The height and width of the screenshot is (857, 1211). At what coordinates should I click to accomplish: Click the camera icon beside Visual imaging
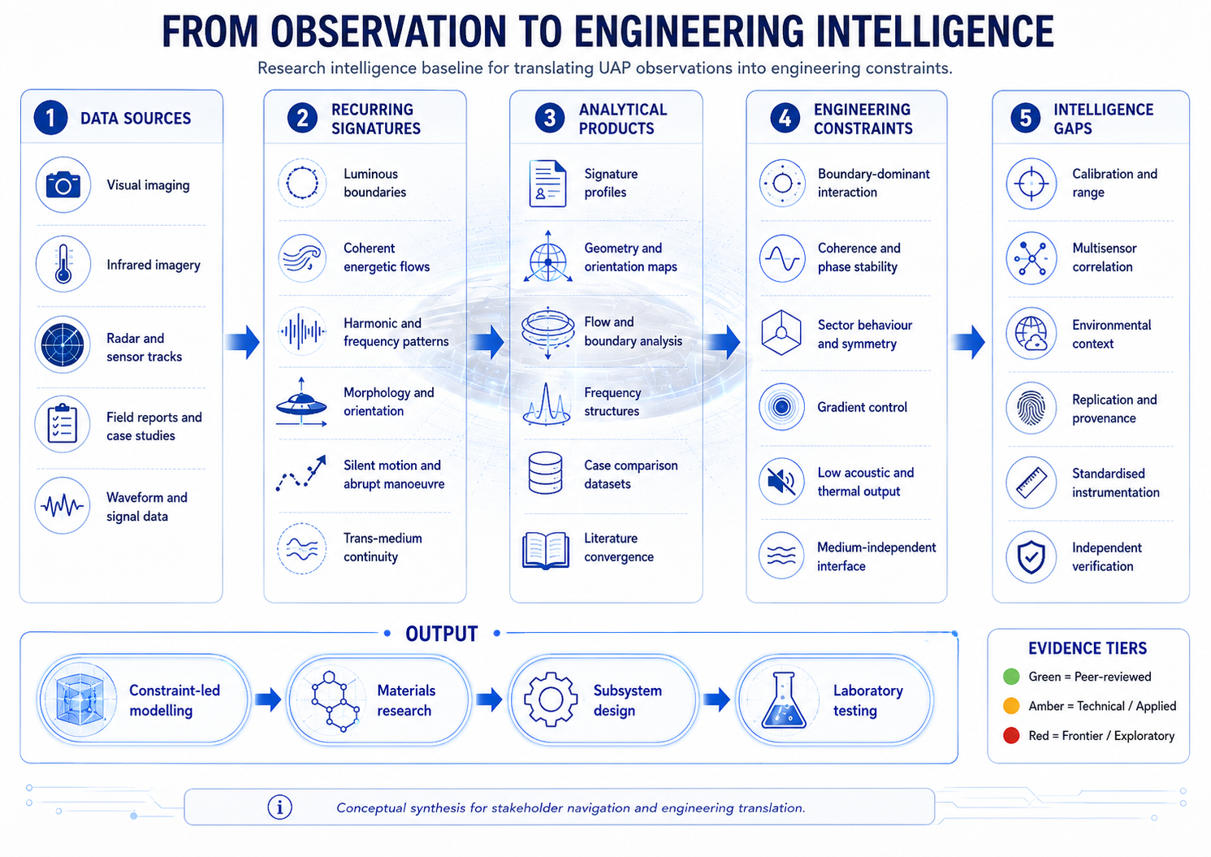tap(63, 185)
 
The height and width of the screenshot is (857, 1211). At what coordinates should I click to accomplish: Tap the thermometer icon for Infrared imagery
tap(63, 264)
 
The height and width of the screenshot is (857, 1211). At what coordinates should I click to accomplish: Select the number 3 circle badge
tap(549, 118)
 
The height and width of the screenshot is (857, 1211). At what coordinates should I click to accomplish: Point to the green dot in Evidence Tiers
tap(1011, 677)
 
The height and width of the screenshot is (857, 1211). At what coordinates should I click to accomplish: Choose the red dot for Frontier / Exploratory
tap(1011, 735)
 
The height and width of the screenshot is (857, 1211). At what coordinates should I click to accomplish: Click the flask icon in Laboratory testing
tap(783, 699)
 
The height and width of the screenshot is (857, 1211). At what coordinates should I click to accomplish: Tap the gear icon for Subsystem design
tap(551, 699)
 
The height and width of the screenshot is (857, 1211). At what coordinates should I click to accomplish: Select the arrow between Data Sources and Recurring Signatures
tap(243, 342)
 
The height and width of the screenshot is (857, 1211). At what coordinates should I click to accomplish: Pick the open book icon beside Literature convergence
tap(546, 550)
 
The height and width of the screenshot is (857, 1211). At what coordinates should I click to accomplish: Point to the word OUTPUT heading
tap(442, 634)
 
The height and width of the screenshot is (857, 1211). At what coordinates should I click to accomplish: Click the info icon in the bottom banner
tap(279, 807)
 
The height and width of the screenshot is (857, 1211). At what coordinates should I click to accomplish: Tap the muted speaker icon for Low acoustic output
tap(781, 481)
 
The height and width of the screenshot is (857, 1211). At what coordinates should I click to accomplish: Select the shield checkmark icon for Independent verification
tap(1031, 557)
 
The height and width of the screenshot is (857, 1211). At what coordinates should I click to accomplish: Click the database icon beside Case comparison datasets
tap(545, 473)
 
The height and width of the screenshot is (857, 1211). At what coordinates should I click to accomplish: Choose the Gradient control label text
tap(862, 407)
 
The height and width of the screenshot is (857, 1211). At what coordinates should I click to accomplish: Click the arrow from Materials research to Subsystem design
tap(489, 699)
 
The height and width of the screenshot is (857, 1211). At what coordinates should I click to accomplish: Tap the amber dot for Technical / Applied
tap(1011, 706)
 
